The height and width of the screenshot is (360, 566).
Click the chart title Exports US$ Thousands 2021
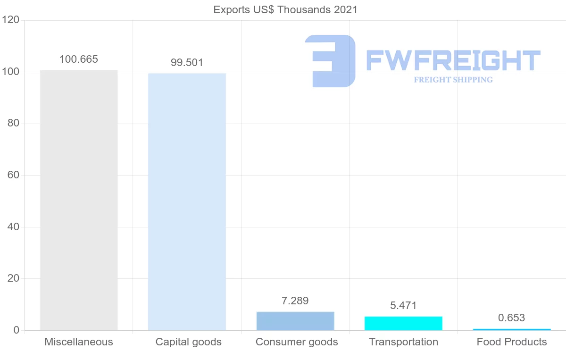[x=285, y=9]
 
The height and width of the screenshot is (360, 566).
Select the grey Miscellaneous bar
[x=79, y=201]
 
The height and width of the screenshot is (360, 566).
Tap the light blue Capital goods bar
[x=187, y=202]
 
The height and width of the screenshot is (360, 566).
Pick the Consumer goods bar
[x=295, y=321]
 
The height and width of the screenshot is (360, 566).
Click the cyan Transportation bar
[x=403, y=323]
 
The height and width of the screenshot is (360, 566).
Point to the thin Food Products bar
[x=512, y=329]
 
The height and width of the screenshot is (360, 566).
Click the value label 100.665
[x=79, y=59]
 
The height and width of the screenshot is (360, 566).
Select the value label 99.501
[x=187, y=63]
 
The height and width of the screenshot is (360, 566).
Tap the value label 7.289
[x=295, y=301]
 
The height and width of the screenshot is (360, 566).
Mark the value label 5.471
[x=403, y=306]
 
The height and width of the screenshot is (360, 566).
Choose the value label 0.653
[x=512, y=318]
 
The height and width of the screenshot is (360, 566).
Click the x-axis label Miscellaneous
[x=79, y=342]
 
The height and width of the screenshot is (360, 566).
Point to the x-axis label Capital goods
[x=189, y=342]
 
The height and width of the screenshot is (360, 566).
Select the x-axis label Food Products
[x=512, y=342]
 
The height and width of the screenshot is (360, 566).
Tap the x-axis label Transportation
[x=403, y=342]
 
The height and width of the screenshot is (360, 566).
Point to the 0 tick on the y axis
[x=16, y=330]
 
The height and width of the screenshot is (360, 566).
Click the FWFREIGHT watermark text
[x=453, y=61]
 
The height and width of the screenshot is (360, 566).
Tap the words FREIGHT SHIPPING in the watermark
[x=453, y=80]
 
